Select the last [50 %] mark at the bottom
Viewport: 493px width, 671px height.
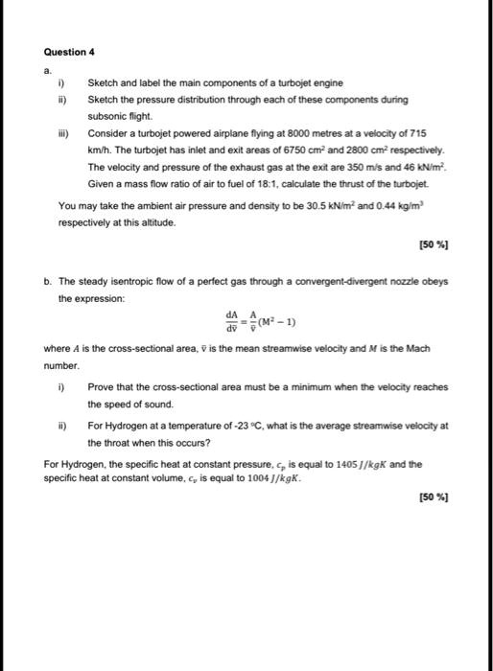click(x=434, y=497)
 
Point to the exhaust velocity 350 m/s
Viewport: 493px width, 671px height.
click(x=312, y=167)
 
